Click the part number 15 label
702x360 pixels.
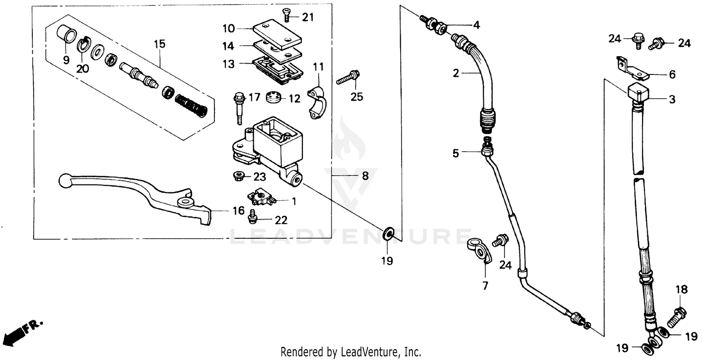click(x=160, y=44)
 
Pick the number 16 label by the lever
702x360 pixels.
click(x=239, y=211)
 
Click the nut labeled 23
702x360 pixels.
click(x=238, y=176)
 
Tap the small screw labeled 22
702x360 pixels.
click(x=253, y=216)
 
